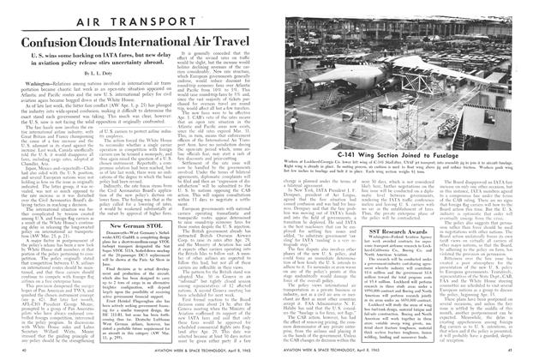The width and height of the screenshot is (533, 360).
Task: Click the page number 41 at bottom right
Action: pyautogui.click(x=517, y=351)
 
